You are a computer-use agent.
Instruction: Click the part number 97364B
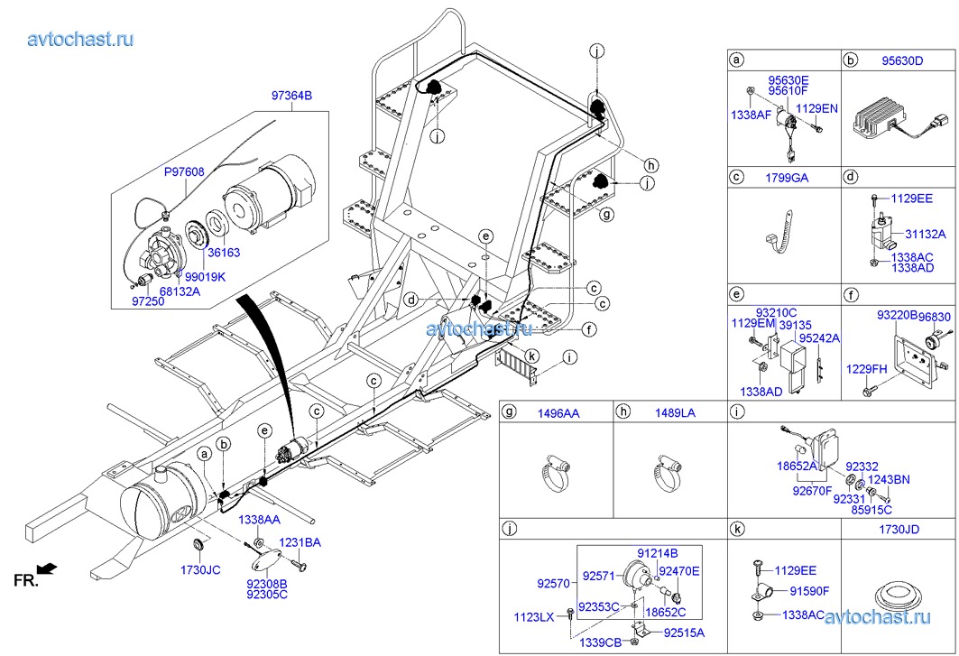pos(291,96)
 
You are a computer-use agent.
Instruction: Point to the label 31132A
pos(926,233)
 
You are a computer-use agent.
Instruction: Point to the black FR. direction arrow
pos(49,568)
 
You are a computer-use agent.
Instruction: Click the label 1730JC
pos(199,570)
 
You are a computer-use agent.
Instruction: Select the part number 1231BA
pos(300,542)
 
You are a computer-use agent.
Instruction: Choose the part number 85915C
pos(871,509)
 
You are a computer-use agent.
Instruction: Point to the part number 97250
pos(148,300)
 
